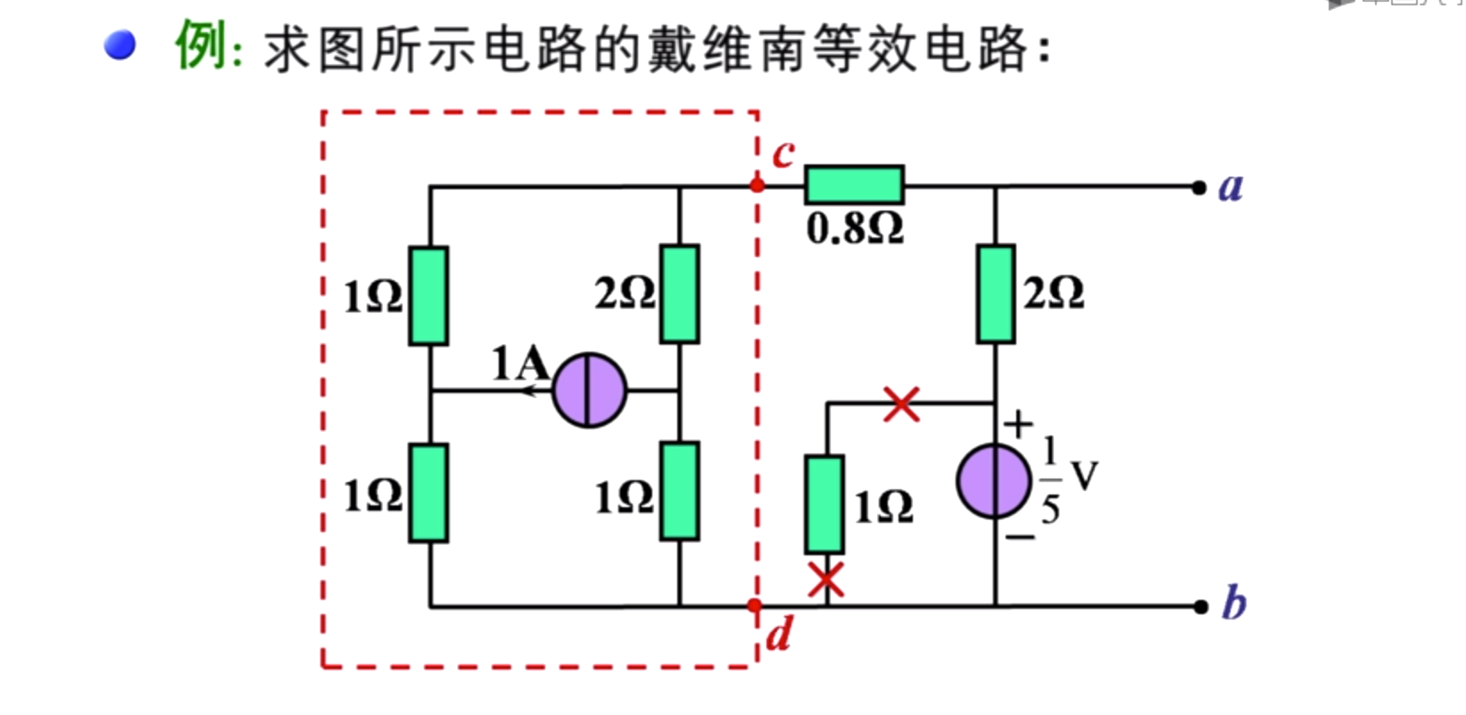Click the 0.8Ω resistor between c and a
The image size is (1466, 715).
pos(854,185)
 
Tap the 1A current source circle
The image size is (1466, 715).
pos(589,390)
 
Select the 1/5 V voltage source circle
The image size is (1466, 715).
pos(993,481)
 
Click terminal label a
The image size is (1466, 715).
pos(1230,187)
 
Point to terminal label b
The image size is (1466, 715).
pos(1233,603)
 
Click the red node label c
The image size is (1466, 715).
pos(783,154)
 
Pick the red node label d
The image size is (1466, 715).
pos(778,634)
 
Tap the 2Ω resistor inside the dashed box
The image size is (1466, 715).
pos(679,294)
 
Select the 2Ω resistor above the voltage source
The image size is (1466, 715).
pos(995,294)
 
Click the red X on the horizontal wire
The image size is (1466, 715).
pos(901,403)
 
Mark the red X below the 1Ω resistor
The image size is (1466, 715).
pos(825,579)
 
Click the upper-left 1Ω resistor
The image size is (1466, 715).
pos(428,295)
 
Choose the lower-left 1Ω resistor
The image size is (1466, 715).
pos(428,494)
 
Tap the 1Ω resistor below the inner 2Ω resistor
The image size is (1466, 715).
pos(679,492)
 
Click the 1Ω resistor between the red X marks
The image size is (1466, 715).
pos(824,505)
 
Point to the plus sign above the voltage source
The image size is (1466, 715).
pos(1018,424)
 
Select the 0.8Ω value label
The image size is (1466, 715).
pos(855,229)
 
